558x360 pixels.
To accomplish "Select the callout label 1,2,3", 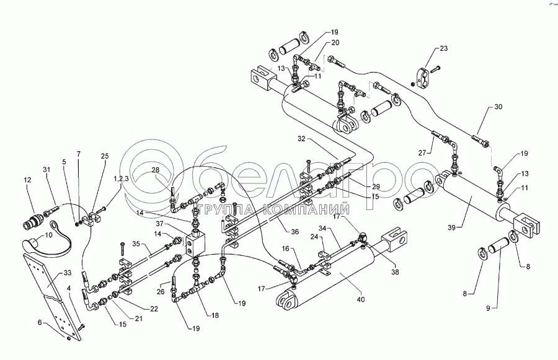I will [121, 178].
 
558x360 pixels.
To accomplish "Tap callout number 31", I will [46, 170].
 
